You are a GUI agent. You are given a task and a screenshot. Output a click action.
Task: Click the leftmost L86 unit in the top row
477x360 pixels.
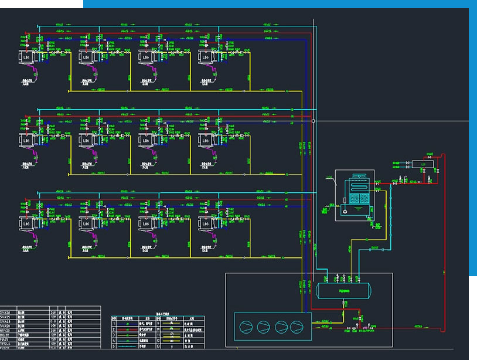tap(28, 57)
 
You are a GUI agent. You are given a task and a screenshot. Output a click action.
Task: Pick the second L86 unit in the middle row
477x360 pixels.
tap(87, 141)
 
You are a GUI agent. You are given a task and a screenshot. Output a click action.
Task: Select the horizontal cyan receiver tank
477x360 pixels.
tap(339, 290)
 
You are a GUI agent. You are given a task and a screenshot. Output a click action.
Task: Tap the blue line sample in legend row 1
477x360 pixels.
tap(127, 323)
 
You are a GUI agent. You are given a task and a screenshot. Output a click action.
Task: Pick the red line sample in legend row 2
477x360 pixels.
tap(127, 330)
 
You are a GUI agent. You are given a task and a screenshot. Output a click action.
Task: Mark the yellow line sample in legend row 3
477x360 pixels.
tap(127, 335)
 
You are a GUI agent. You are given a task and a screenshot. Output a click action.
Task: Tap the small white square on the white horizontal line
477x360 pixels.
tap(314, 121)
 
